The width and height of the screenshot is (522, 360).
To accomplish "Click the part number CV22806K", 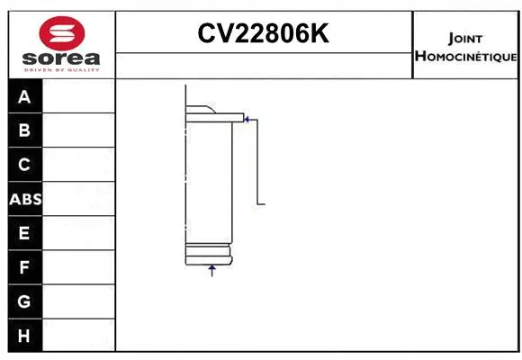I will (264, 34).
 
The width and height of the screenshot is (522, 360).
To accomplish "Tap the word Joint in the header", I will (464, 39).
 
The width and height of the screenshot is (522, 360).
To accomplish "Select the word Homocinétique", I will (465, 57).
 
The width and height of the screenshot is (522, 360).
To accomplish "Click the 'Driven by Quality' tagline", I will (61, 70).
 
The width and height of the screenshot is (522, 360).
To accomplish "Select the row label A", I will (24, 96).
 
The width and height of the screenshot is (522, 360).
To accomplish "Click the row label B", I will (24, 130).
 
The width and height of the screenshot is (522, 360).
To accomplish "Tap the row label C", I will (24, 165).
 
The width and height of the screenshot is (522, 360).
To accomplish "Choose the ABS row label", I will (25, 199).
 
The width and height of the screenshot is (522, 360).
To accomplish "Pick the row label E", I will (24, 233).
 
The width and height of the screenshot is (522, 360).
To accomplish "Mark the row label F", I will (24, 267).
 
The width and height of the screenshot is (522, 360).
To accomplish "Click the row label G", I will (24, 301).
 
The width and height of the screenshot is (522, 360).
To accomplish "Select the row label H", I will (24, 336).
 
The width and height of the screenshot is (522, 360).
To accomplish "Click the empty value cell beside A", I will (79, 96).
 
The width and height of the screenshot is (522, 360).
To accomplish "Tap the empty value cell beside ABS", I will (79, 199).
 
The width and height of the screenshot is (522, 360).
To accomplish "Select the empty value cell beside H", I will (79, 336).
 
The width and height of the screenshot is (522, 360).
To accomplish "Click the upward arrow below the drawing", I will (212, 269).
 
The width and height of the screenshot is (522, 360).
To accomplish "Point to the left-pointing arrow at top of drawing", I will (248, 117).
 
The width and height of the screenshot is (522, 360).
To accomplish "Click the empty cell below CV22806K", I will (264, 65).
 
